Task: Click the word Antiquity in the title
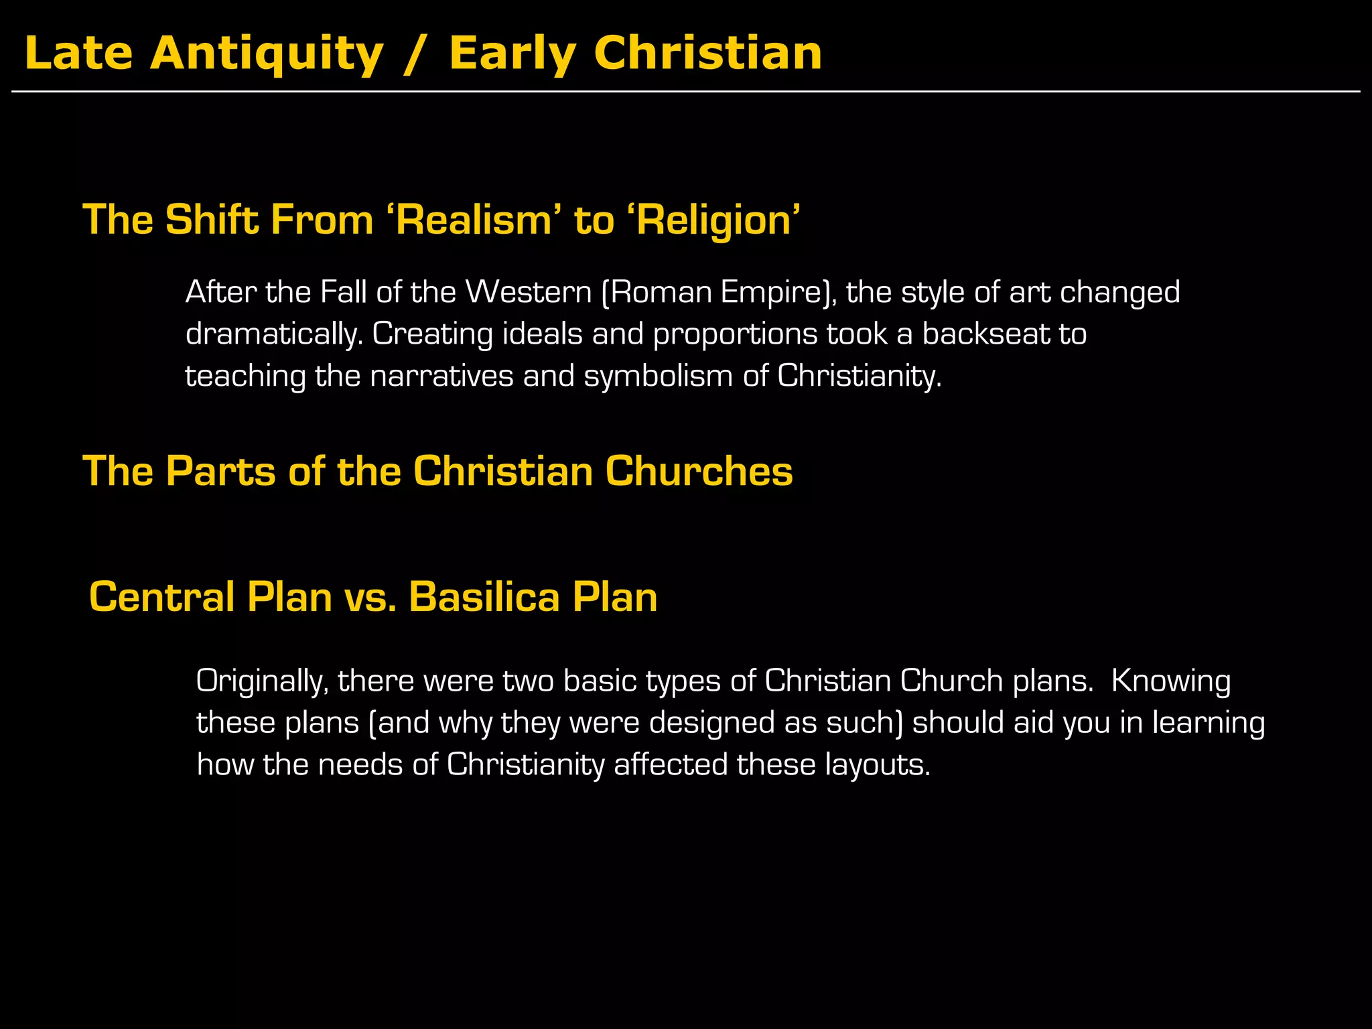[x=267, y=54]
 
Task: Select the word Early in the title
[x=512, y=54]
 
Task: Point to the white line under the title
[x=686, y=91]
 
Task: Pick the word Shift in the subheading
[x=212, y=220]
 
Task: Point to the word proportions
[x=735, y=334]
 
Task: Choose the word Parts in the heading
[x=220, y=471]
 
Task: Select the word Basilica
[x=484, y=597]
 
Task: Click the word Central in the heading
[x=161, y=597]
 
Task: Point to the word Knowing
[x=1171, y=681]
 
